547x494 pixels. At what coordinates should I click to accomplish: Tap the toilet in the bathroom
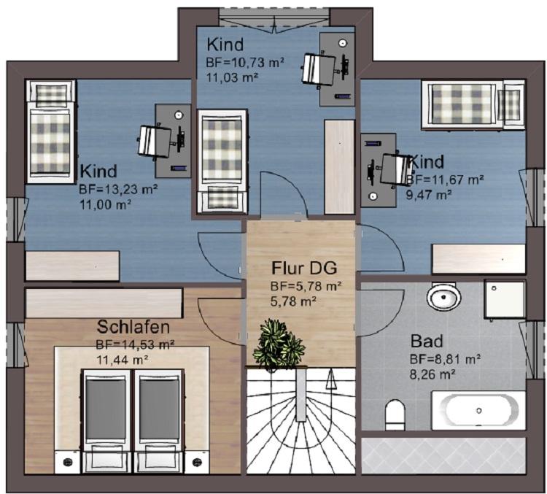click(x=395, y=414)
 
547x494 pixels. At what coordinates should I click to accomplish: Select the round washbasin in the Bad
click(x=443, y=297)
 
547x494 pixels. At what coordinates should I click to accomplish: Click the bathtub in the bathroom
click(x=478, y=410)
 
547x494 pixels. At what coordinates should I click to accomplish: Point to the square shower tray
click(x=504, y=299)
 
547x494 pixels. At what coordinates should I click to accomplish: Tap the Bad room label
click(x=426, y=341)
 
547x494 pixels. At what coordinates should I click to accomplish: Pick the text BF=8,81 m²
click(x=444, y=359)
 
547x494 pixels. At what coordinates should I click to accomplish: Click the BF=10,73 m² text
click(x=245, y=63)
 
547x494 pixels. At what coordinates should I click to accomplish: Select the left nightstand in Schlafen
click(x=68, y=461)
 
